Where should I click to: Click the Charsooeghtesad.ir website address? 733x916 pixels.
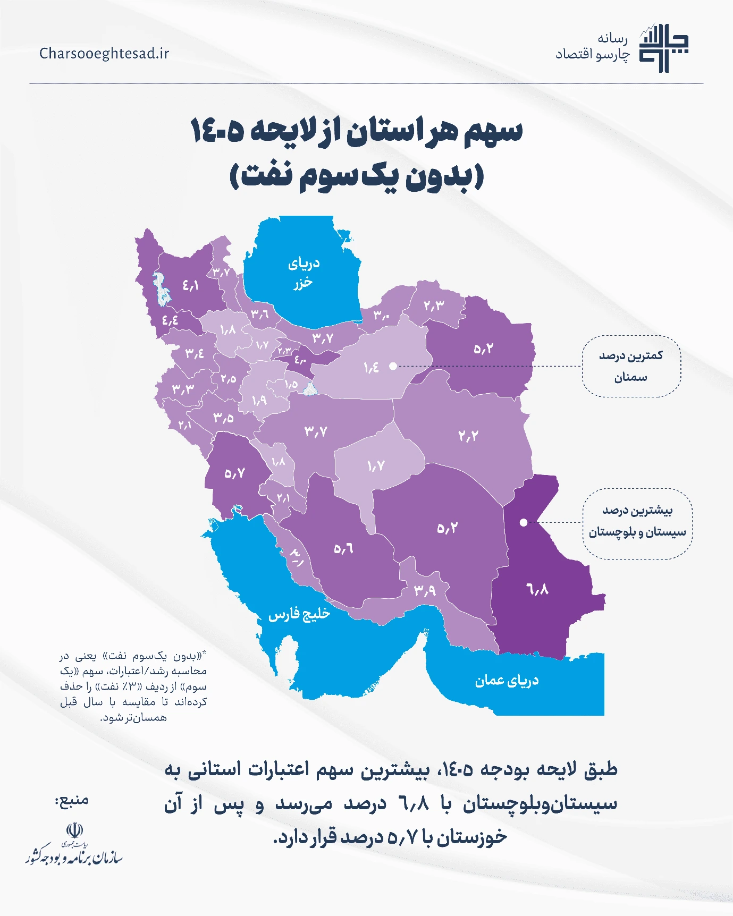pos(104,54)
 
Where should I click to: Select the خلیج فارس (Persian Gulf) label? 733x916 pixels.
pos(299,614)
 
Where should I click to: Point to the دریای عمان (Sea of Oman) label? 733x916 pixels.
pos(507,681)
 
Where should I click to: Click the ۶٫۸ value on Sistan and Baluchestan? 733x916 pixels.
pos(537,589)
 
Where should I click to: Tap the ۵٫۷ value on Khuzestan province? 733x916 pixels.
pos(234,473)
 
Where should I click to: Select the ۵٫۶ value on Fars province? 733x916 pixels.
pos(343,548)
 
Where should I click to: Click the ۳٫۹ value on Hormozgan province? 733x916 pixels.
pos(425,590)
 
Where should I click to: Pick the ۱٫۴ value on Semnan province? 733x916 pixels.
pos(371,367)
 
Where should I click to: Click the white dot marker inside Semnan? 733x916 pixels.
pos(393,366)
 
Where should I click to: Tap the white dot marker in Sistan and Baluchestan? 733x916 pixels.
pos(524,522)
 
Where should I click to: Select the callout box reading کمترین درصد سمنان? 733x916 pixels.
pos(631,366)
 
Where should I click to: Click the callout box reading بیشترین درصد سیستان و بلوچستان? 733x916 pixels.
pos(637,521)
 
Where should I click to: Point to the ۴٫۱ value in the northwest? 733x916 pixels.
pos(190,286)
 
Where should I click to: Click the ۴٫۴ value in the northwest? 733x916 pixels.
pos(170,320)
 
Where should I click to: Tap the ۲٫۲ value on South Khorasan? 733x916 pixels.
pos(468,436)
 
